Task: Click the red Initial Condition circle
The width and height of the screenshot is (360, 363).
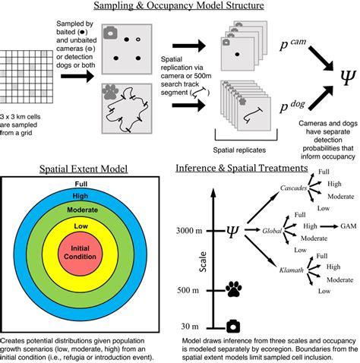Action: tap(81, 253)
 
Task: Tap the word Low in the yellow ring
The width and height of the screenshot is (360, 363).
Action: tap(81, 226)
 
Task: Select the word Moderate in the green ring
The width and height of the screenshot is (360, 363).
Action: tap(82, 210)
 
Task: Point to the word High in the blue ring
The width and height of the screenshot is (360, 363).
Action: tap(81, 196)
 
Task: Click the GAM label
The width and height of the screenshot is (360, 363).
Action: tap(349, 226)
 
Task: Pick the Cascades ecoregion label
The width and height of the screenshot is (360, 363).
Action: tap(293, 188)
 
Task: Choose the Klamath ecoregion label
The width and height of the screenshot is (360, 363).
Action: tap(292, 270)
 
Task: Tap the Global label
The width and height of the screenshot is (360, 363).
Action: tap(272, 231)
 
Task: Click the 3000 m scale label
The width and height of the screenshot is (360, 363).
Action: tap(189, 231)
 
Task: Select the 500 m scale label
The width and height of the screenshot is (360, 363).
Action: tap(188, 290)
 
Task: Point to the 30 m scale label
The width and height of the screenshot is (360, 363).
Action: tap(190, 327)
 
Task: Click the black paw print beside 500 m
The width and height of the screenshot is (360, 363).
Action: tap(233, 289)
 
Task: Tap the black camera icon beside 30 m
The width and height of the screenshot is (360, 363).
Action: tap(233, 326)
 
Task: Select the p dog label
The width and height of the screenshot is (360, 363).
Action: tap(292, 106)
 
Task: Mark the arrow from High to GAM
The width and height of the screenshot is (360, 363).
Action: tap(329, 226)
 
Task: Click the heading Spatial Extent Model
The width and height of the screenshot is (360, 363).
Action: tap(84, 169)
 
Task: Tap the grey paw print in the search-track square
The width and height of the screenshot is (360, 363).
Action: tap(110, 92)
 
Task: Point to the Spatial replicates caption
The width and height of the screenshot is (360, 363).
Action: tap(239, 150)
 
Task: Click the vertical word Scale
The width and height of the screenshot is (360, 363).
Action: tap(203, 262)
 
